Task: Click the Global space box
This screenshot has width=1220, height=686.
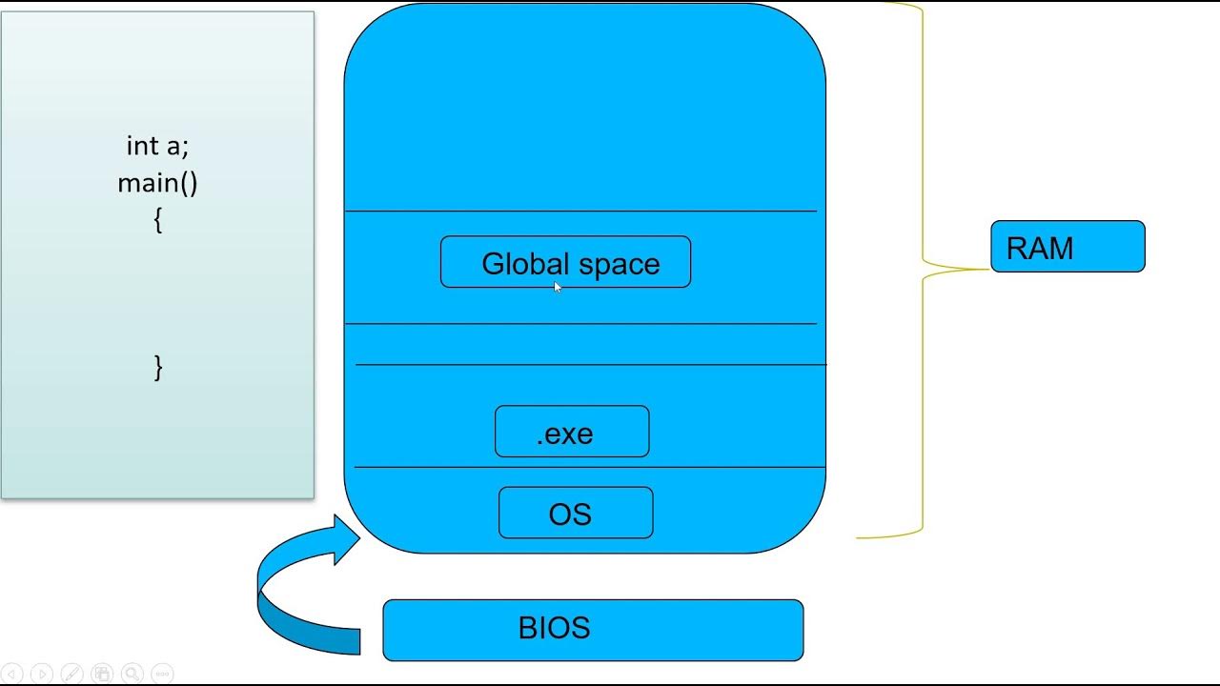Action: click(x=565, y=262)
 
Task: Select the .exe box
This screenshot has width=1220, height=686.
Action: click(x=572, y=433)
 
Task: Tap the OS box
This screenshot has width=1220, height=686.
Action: click(x=576, y=514)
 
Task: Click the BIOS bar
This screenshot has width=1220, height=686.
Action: click(x=593, y=630)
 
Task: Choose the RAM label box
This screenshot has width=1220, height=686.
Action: click(x=1067, y=248)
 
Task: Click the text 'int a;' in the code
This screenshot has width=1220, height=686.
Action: click(x=157, y=146)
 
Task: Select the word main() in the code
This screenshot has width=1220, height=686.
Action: click(x=157, y=182)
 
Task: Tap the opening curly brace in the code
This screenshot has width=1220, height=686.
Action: click(x=157, y=220)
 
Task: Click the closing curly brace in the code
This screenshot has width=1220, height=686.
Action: click(x=158, y=367)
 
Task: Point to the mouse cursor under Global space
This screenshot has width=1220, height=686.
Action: click(x=558, y=287)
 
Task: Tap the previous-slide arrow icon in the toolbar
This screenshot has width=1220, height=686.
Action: click(x=12, y=674)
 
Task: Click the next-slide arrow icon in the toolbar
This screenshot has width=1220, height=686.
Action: click(x=41, y=674)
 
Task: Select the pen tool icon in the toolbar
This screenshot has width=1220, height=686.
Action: click(x=71, y=674)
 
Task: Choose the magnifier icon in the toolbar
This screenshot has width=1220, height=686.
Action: click(x=132, y=674)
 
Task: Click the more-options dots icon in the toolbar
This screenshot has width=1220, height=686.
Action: click(x=162, y=674)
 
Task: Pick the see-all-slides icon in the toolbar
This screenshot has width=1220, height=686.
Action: click(x=102, y=674)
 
